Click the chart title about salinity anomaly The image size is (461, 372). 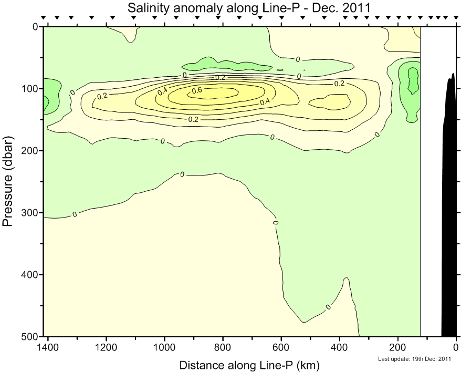249,7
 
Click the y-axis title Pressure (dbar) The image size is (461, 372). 7,181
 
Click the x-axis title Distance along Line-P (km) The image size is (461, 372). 249,365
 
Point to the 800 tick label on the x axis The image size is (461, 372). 223,347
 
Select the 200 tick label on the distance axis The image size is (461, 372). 398,347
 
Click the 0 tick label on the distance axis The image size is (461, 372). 456,347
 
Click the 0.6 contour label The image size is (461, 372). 197,90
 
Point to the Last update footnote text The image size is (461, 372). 415,359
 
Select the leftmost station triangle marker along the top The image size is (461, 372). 44,18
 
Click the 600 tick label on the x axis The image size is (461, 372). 281,347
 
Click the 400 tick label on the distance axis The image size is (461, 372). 340,347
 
